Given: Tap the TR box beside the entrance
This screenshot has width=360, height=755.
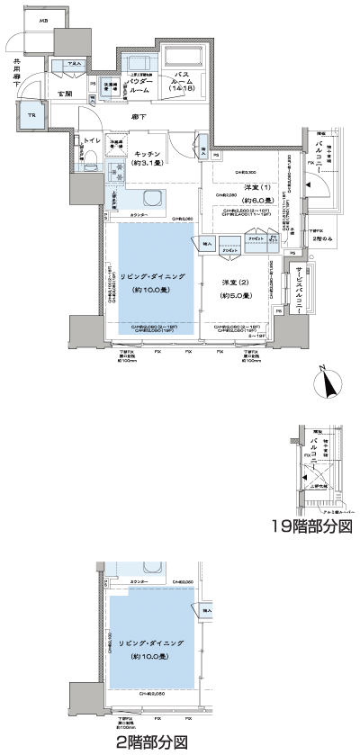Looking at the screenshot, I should [x=30, y=116].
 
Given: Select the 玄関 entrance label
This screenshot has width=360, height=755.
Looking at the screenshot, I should [x=66, y=93].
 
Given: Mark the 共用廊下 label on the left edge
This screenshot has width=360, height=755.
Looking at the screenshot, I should [x=16, y=73].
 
